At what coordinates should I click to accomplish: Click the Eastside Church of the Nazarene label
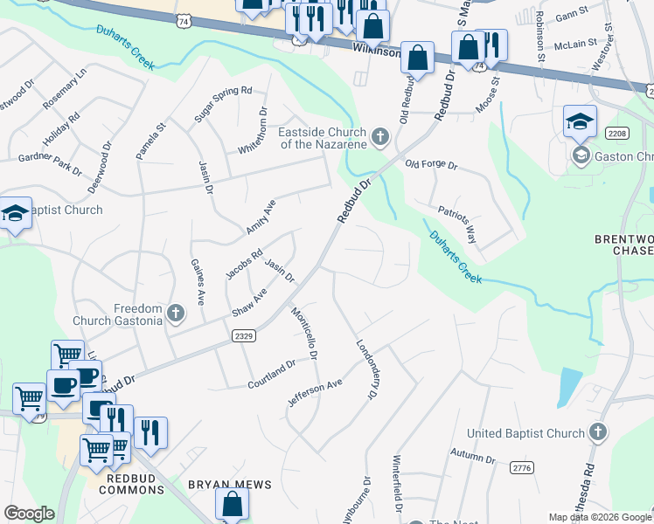[321, 138]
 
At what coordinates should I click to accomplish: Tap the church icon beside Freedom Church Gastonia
[176, 313]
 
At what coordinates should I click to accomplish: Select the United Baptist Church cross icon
[597, 432]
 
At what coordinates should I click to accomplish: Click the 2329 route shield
[244, 334]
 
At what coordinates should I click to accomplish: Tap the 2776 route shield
[522, 469]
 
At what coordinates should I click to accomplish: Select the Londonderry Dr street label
[365, 369]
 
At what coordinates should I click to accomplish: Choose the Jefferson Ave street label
[315, 392]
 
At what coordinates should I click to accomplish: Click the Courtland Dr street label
[272, 374]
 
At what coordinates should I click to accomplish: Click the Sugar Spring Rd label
[223, 103]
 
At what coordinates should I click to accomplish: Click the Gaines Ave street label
[196, 281]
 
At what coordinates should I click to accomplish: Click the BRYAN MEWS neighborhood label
[230, 484]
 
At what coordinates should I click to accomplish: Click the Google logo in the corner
[29, 514]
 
